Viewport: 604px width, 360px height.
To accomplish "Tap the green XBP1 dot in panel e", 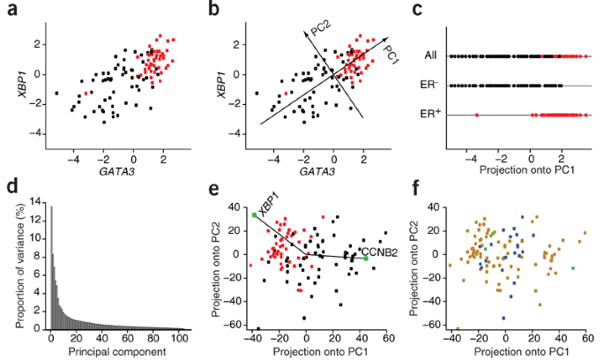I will coord(254,214).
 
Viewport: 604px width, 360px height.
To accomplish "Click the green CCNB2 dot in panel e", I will coord(364,258).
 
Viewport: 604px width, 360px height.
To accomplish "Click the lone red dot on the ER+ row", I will coord(476,115).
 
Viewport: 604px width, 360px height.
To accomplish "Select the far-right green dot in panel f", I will coord(573,267).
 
